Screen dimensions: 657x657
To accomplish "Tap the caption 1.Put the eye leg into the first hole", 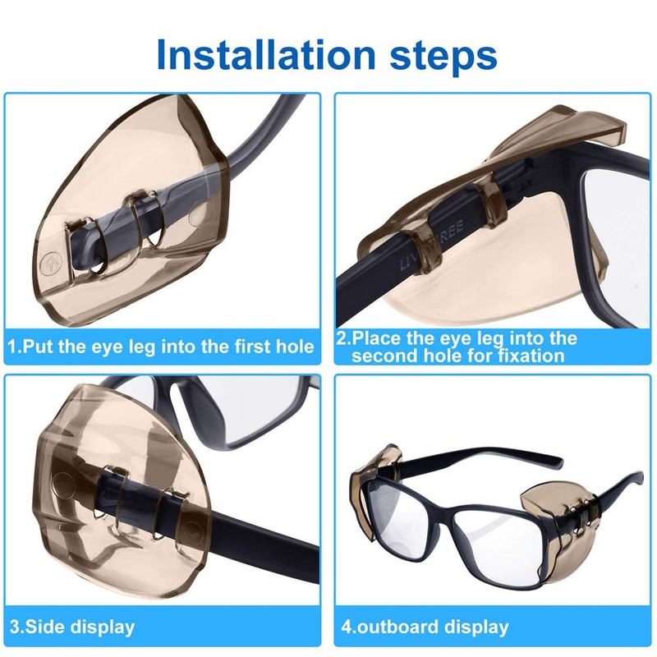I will (x=161, y=347).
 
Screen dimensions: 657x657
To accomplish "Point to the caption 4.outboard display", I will (x=425, y=627).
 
